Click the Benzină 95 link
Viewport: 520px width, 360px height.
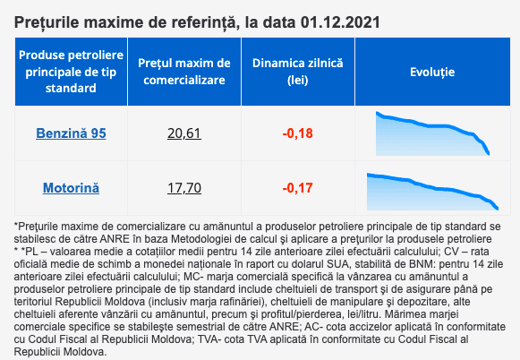pyautogui.click(x=71, y=133)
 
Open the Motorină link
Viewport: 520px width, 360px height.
pyautogui.click(x=71, y=188)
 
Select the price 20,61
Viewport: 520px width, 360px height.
pyautogui.click(x=184, y=133)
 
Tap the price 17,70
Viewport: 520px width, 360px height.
pyautogui.click(x=184, y=188)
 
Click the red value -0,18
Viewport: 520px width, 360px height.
pyautogui.click(x=297, y=133)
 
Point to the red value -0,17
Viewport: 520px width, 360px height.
pyautogui.click(x=297, y=188)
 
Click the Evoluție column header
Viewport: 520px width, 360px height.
pyautogui.click(x=432, y=72)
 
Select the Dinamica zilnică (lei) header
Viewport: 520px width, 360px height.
pyautogui.click(x=297, y=72)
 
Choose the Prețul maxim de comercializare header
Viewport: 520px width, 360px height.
pyautogui.click(x=184, y=72)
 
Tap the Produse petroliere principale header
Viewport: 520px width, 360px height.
pyautogui.click(x=71, y=72)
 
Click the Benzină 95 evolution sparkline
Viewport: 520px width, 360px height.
pyautogui.click(x=432, y=133)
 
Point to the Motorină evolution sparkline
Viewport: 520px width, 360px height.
pyautogui.click(x=432, y=192)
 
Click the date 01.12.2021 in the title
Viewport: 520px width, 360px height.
pyautogui.click(x=340, y=22)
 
